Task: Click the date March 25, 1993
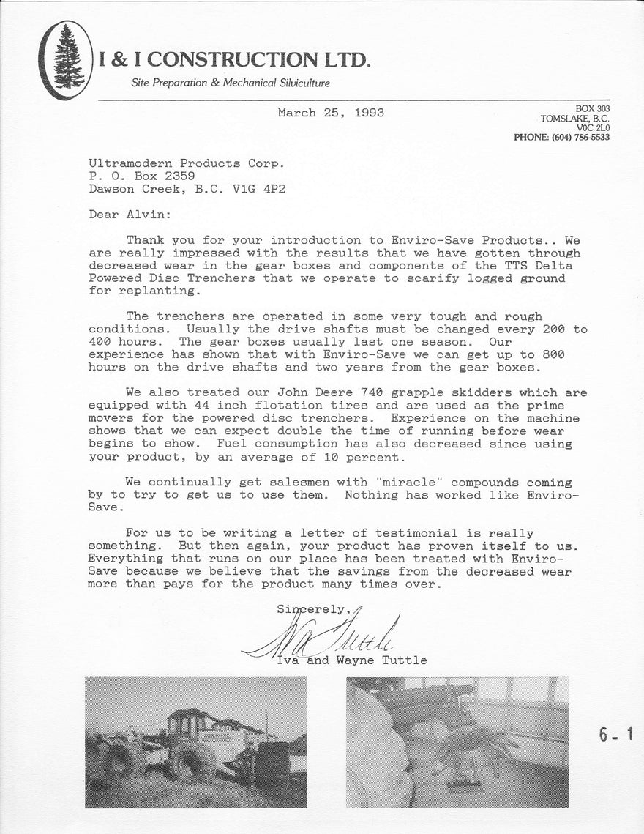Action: click(331, 113)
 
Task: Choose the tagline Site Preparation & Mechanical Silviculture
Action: click(230, 83)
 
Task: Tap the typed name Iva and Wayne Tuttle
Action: click(351, 660)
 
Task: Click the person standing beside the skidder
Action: click(250, 762)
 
